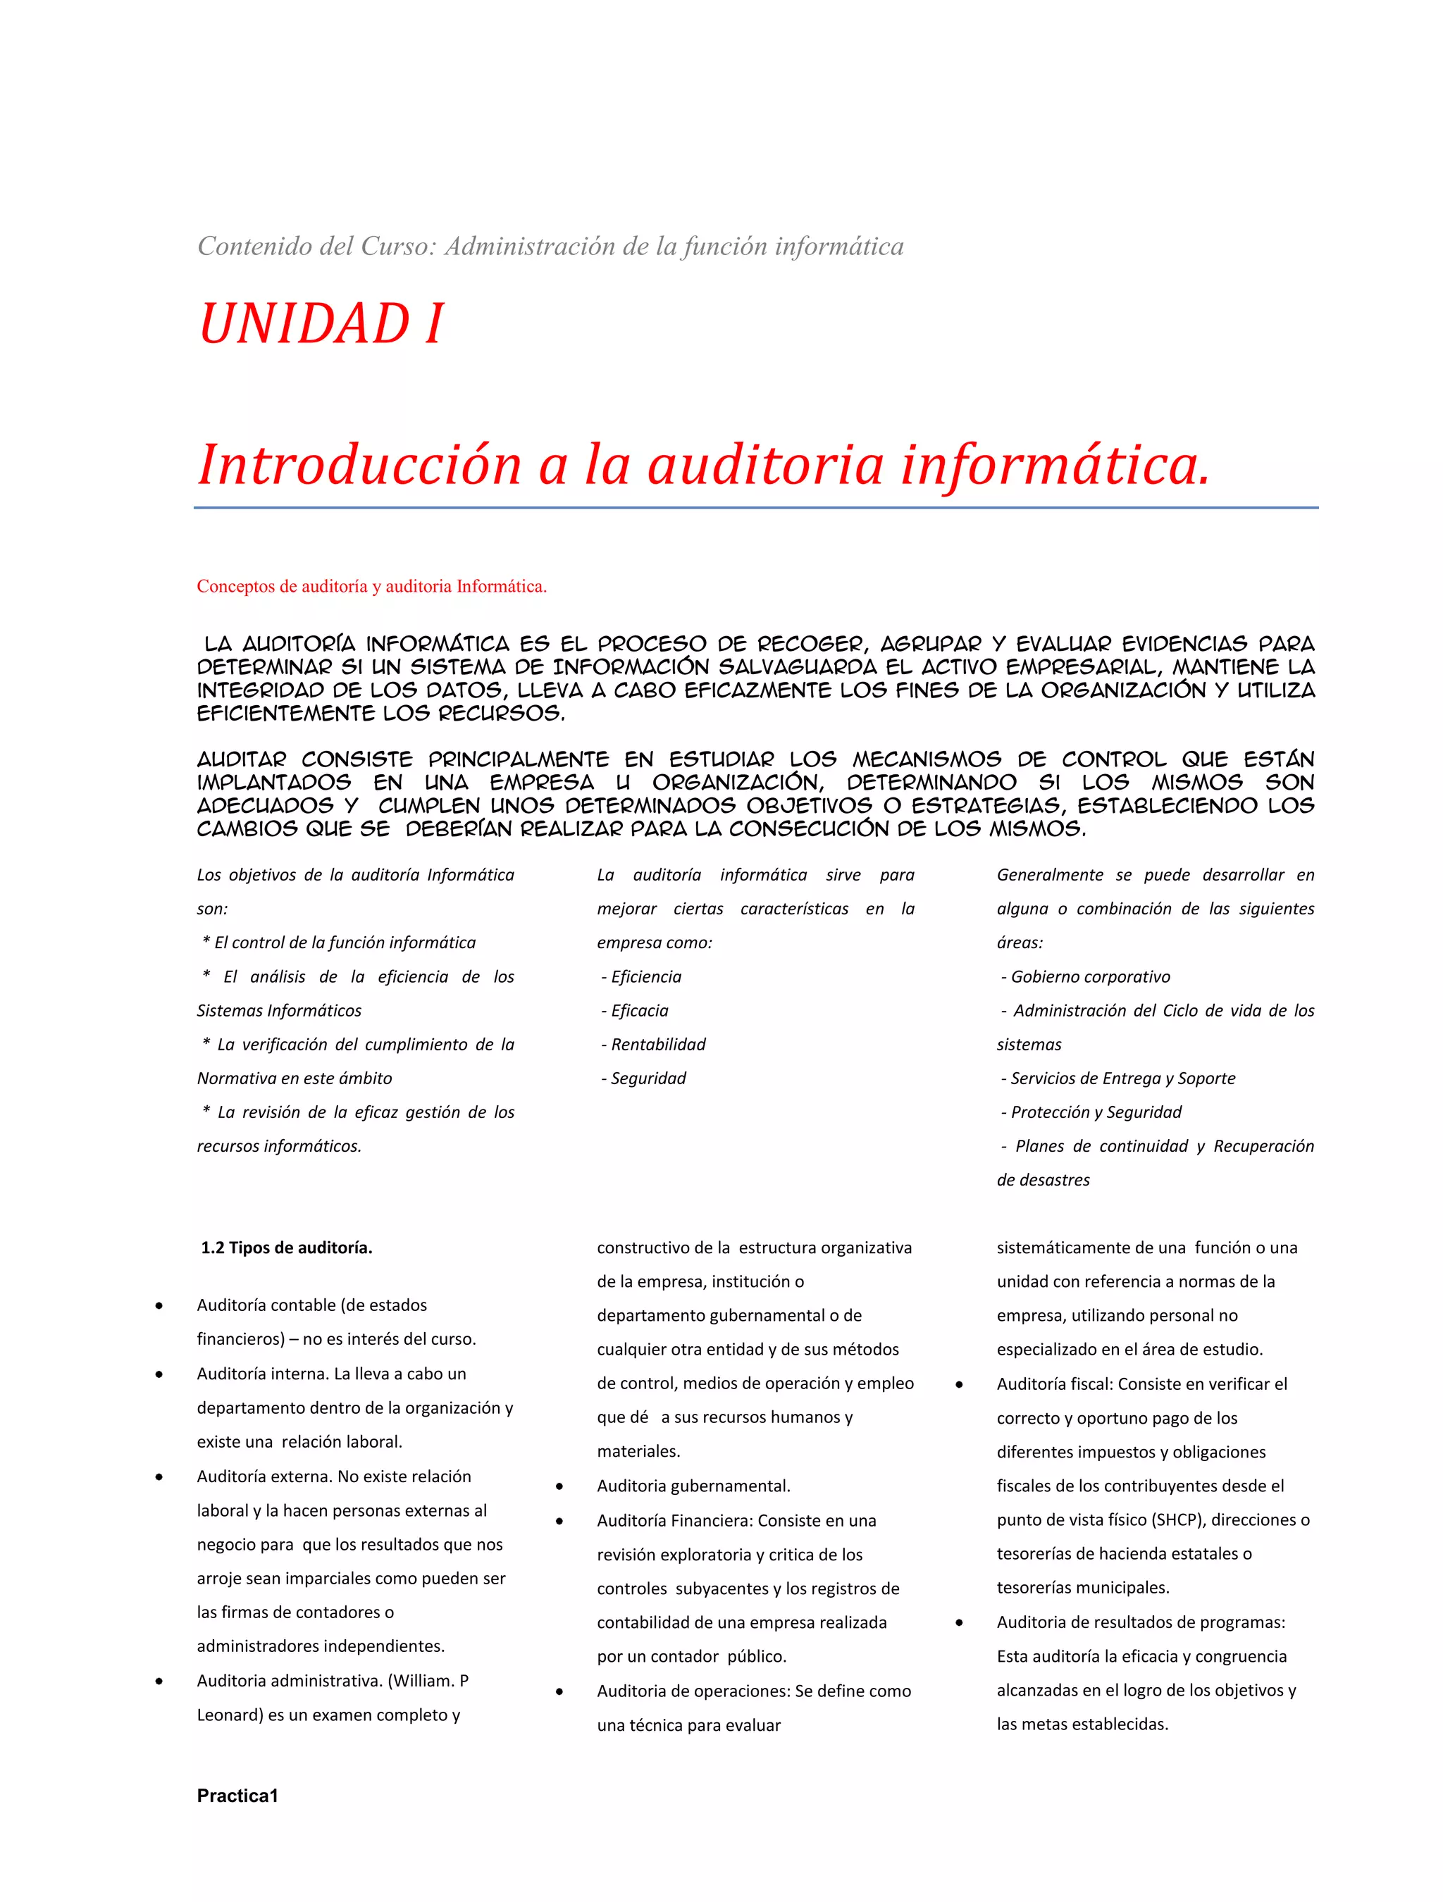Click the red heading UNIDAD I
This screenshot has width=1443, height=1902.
[321, 324]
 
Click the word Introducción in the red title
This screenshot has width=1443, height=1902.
[359, 465]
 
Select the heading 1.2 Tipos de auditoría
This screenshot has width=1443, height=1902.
[286, 1247]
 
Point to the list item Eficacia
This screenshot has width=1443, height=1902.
[639, 1010]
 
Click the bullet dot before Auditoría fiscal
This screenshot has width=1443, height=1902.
[959, 1384]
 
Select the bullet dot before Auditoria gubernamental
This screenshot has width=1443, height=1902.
[559, 1486]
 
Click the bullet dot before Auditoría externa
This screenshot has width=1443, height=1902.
[159, 1477]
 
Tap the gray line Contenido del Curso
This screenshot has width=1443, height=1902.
[550, 247]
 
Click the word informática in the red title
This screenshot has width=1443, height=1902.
[1055, 465]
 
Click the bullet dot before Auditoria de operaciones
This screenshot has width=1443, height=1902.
[559, 1691]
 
